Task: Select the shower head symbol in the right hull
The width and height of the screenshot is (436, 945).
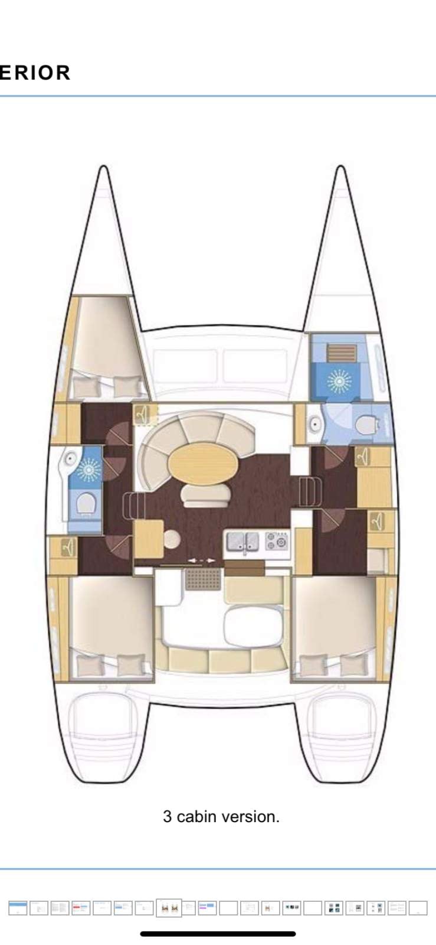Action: point(339,380)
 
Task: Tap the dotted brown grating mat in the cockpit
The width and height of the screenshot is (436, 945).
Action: point(203,579)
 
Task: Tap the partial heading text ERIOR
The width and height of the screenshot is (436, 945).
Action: point(35,73)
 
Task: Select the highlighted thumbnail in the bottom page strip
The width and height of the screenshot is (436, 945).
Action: point(168,908)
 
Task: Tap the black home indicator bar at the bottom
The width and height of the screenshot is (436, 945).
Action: point(218,934)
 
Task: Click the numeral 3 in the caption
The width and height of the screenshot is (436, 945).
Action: point(167,817)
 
